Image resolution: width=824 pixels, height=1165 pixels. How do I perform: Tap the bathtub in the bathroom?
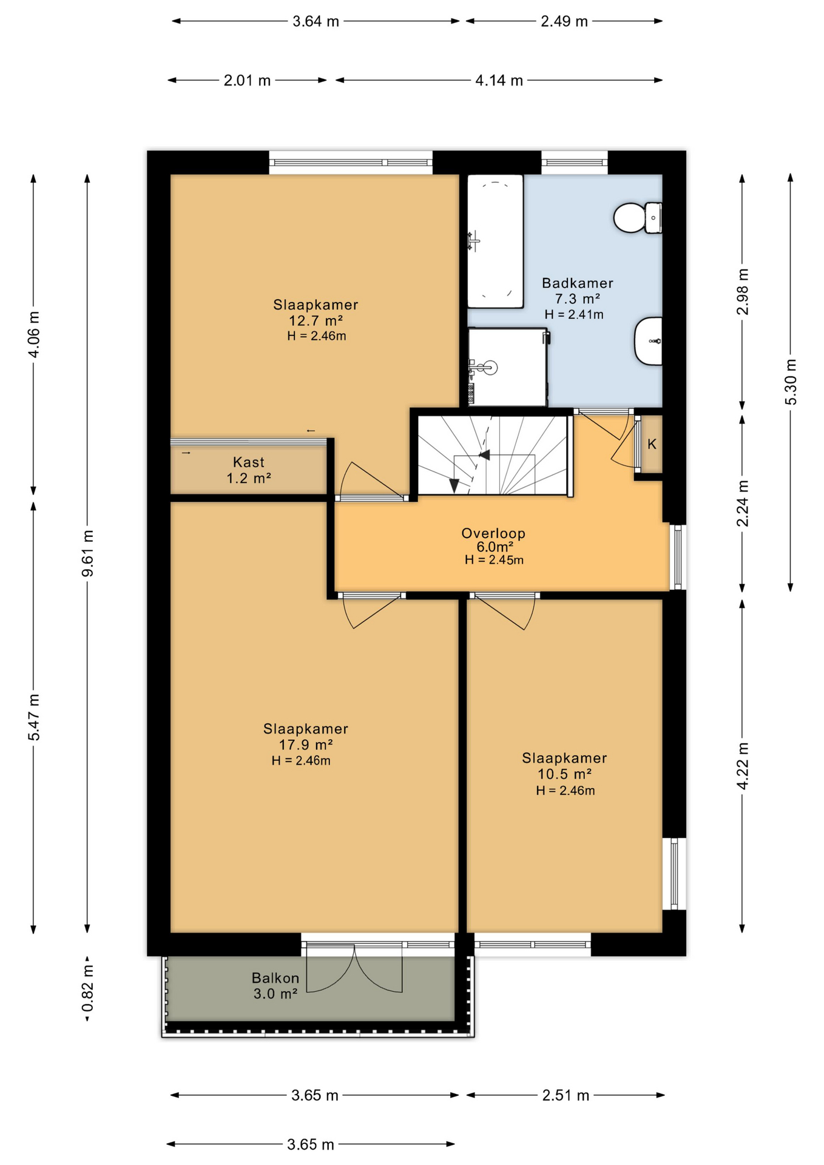495,241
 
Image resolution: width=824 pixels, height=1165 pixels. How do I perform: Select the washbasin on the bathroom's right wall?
648,341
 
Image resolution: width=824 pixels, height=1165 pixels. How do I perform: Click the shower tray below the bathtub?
507,367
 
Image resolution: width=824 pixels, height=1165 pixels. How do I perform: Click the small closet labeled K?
652,444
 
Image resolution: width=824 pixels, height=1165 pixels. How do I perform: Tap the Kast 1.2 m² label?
249,470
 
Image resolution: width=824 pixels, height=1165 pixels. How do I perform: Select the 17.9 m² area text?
306,745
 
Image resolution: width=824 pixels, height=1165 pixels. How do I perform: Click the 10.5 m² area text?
564,774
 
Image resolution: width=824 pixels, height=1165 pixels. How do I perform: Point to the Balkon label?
275,978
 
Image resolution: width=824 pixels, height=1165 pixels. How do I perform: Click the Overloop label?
493,533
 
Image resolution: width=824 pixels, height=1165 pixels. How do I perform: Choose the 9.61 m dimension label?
87,553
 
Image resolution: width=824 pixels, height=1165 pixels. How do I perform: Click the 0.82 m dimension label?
87,990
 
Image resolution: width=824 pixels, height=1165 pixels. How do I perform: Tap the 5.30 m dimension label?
790,382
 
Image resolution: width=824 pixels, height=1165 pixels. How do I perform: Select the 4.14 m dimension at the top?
499,80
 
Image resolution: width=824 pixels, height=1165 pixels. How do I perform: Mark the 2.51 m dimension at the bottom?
566,1095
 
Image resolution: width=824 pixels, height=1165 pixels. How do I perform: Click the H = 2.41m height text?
574,314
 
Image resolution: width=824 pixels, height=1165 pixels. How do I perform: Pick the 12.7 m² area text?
316,320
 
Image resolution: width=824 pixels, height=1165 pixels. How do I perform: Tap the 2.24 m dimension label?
742,503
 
